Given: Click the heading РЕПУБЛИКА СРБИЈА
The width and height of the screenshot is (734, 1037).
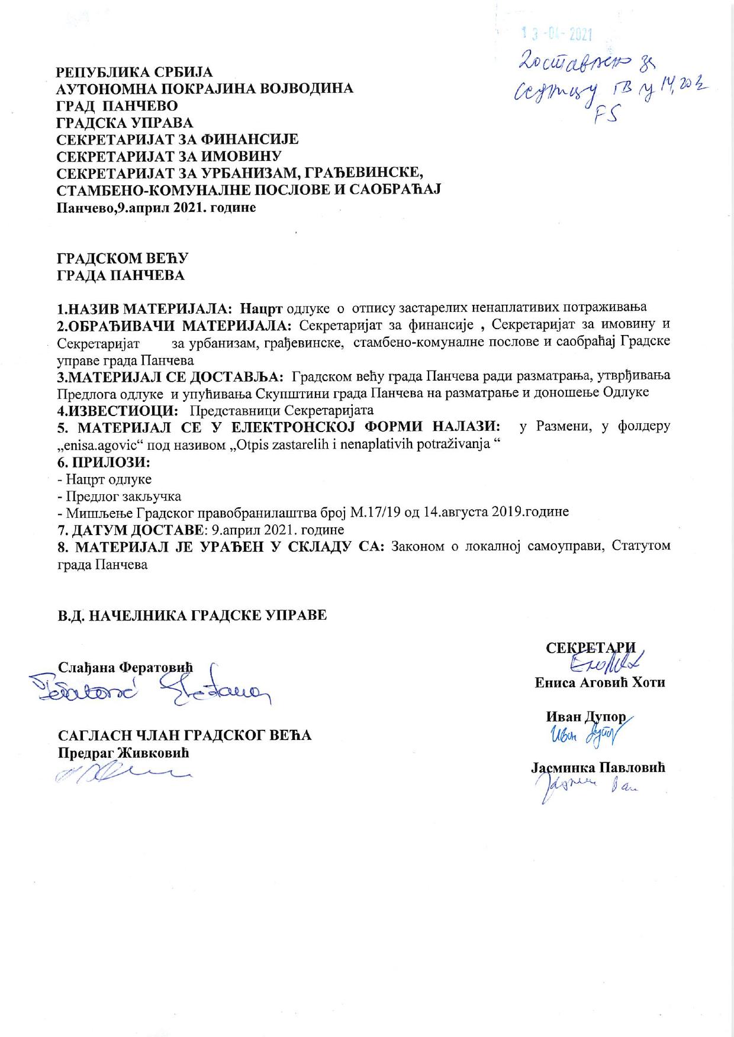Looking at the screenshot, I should (134, 72).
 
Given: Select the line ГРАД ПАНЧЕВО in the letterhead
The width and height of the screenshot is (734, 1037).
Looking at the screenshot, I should (117, 106).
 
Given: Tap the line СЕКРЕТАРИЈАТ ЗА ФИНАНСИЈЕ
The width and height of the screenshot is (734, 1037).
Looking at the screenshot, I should (177, 140).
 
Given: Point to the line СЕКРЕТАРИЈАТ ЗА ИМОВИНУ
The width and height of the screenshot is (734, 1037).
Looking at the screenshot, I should (168, 156).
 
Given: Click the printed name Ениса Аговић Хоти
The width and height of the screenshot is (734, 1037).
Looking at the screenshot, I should (600, 682).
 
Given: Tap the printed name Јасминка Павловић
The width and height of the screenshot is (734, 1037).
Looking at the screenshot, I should (598, 768).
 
